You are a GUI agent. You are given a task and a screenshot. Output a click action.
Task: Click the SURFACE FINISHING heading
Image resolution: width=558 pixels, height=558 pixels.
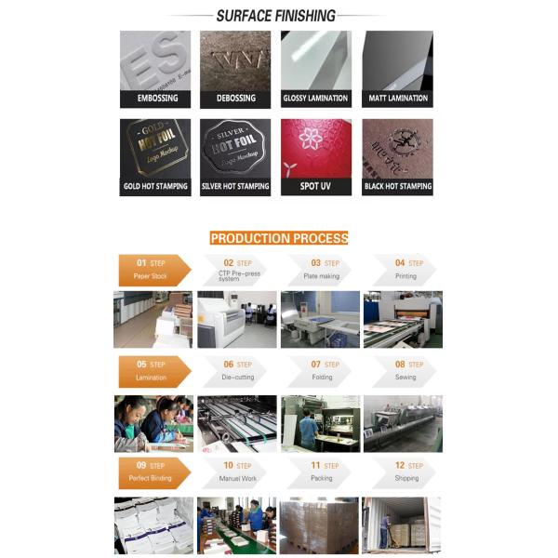(x=275, y=16)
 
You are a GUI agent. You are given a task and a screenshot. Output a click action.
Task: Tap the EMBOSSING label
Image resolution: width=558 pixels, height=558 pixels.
(x=154, y=98)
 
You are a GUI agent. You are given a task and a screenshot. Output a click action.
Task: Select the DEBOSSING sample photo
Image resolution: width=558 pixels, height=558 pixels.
(x=235, y=60)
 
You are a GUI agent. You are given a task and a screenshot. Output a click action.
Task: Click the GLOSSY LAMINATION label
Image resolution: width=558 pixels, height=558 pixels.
(x=316, y=98)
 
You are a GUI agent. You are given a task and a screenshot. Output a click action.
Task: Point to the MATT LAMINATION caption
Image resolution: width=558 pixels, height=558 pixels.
(x=397, y=98)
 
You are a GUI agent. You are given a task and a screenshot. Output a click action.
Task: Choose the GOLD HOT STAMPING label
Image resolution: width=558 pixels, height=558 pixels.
(x=154, y=186)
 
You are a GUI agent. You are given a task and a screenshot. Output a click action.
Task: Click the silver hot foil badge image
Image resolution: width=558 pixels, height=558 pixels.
(x=235, y=148)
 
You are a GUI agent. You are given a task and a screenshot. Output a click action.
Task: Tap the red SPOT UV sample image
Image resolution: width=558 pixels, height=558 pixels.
(x=316, y=148)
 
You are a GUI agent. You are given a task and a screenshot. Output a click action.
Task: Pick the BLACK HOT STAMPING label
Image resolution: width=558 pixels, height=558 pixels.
(x=397, y=186)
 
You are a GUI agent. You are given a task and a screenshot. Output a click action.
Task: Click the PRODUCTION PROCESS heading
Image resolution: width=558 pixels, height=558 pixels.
(x=279, y=238)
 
